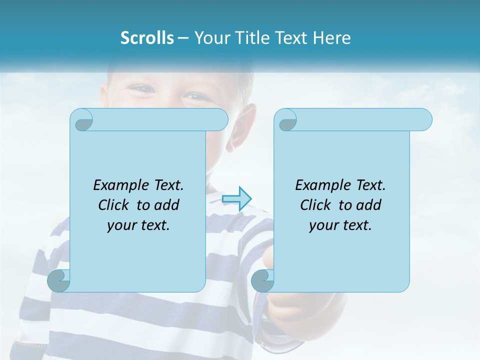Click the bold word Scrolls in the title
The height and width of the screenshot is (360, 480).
pyautogui.click(x=147, y=37)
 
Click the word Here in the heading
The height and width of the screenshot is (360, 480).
pyautogui.click(x=332, y=37)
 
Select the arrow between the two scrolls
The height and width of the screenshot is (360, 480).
pyautogui.click(x=236, y=199)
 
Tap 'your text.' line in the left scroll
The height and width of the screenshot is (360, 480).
pyautogui.click(x=138, y=225)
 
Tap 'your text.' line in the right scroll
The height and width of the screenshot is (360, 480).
pyautogui.click(x=340, y=225)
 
